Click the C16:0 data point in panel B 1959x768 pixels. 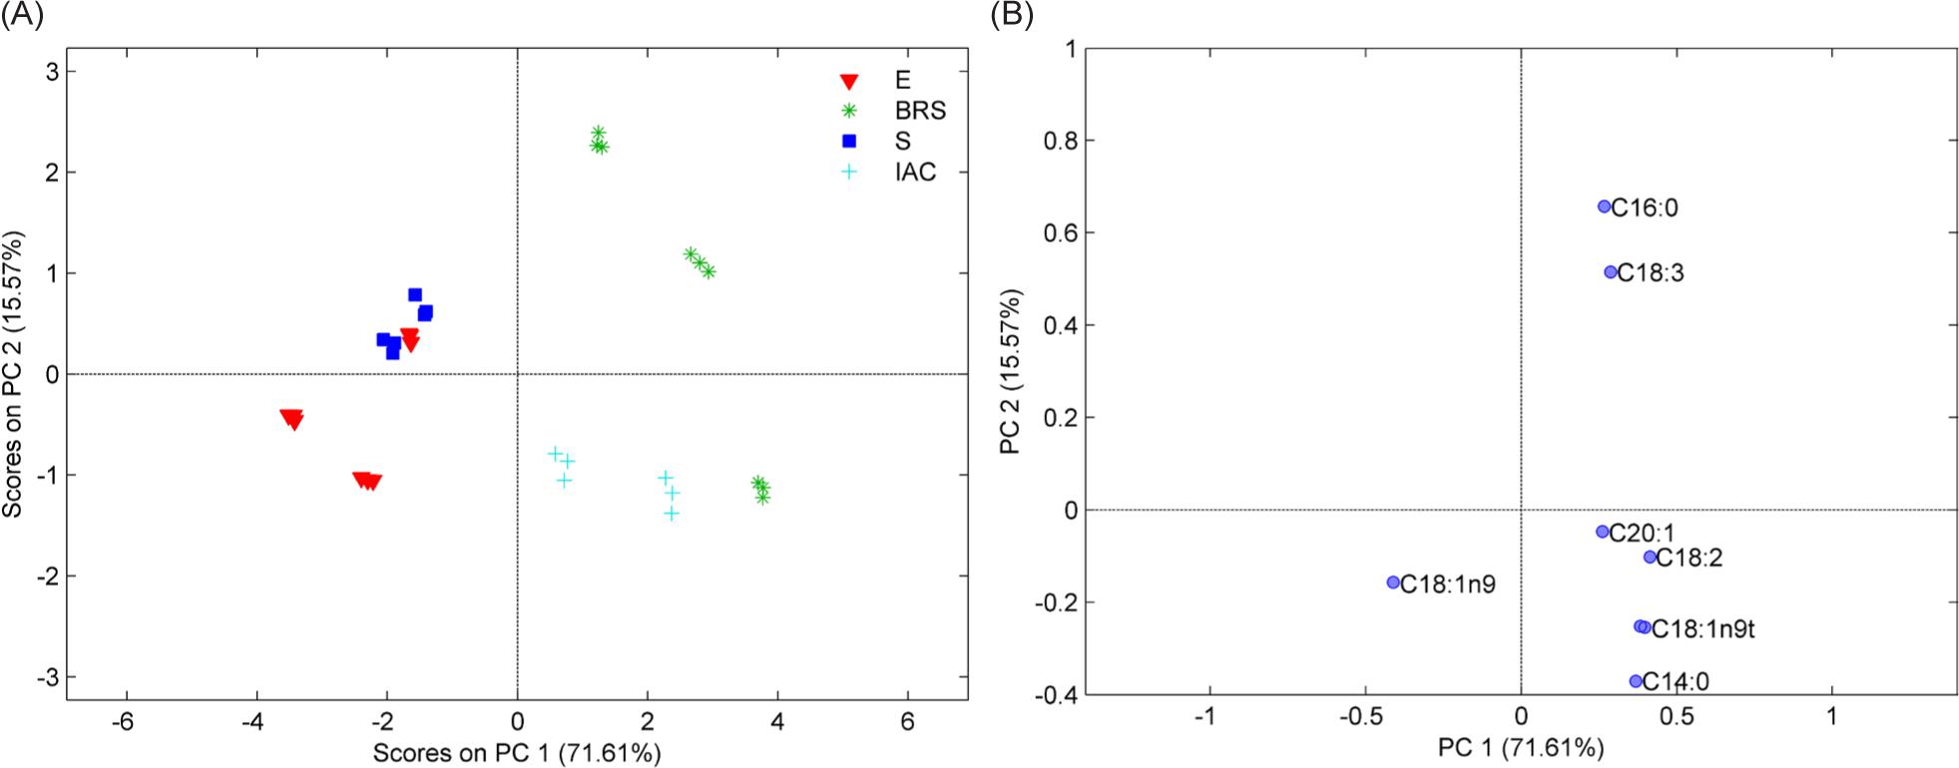[x=1605, y=206]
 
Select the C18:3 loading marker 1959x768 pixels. [x=1611, y=272]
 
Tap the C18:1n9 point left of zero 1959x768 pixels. [x=1394, y=582]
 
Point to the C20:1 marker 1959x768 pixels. [x=1603, y=532]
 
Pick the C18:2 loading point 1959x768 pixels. [x=1650, y=557]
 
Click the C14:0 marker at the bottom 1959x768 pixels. [x=1636, y=681]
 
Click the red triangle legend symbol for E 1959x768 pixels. [x=849, y=82]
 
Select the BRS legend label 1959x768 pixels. [x=919, y=112]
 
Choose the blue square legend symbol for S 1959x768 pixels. [x=849, y=142]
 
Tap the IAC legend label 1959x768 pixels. [x=915, y=172]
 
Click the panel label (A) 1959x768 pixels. [x=22, y=16]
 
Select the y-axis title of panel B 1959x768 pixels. [x=1012, y=370]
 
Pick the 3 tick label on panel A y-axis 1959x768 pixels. [x=51, y=71]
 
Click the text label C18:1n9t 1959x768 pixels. [x=1704, y=629]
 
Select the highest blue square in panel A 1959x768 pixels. [x=415, y=294]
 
